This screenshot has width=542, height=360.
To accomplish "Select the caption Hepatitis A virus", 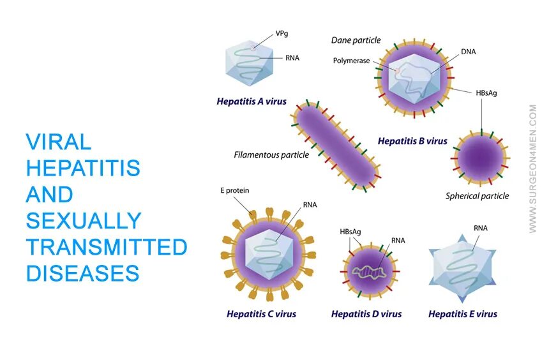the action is click(251, 101).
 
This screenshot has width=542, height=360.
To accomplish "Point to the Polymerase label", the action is click(351, 61).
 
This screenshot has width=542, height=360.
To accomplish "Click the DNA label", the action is click(468, 52).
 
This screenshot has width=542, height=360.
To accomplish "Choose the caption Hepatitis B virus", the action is click(412, 141).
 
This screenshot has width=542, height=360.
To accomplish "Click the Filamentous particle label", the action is click(271, 154).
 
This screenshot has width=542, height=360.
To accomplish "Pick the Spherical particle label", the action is click(477, 196).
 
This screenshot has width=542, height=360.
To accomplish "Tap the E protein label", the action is click(234, 190).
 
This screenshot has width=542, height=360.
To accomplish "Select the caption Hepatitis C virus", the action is click(261, 314).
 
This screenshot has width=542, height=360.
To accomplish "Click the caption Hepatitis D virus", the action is click(366, 314).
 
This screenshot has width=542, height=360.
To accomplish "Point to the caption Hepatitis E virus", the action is click(462, 314).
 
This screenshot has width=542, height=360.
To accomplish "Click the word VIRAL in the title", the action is click(58, 142).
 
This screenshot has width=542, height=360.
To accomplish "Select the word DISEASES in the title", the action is click(82, 273).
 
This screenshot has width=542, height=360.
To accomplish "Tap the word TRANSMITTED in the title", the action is click(107, 247).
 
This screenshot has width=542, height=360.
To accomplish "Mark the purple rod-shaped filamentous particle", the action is click(336, 144).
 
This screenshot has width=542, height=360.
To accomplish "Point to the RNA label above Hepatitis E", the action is click(481, 228).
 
